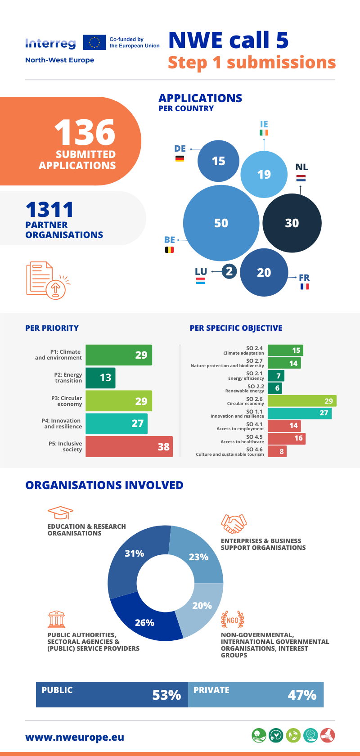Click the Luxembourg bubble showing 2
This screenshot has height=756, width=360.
[x=229, y=271]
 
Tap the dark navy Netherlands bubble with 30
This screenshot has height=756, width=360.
[x=292, y=223]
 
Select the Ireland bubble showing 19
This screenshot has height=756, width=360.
[x=264, y=174]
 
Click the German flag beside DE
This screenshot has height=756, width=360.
[x=180, y=158]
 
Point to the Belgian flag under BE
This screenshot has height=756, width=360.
[x=169, y=249]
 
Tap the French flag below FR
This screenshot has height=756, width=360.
[x=305, y=286]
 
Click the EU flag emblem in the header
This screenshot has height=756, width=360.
[x=94, y=42]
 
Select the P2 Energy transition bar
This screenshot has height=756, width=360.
[x=100, y=378]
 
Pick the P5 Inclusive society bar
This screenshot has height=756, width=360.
[x=129, y=446]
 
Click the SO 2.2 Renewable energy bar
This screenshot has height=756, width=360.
[x=274, y=388]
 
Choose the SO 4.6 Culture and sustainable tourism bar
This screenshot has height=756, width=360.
[x=277, y=451]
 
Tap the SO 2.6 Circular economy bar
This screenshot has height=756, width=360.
[x=302, y=401]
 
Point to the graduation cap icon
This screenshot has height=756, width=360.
[x=60, y=513]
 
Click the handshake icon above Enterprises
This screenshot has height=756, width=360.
[x=234, y=524]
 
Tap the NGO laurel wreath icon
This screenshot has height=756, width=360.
[x=233, y=620]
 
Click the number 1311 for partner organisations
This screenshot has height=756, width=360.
[x=49, y=210]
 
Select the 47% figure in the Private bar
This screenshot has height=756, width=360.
[x=302, y=695]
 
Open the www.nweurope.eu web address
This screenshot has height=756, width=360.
[x=75, y=737]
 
